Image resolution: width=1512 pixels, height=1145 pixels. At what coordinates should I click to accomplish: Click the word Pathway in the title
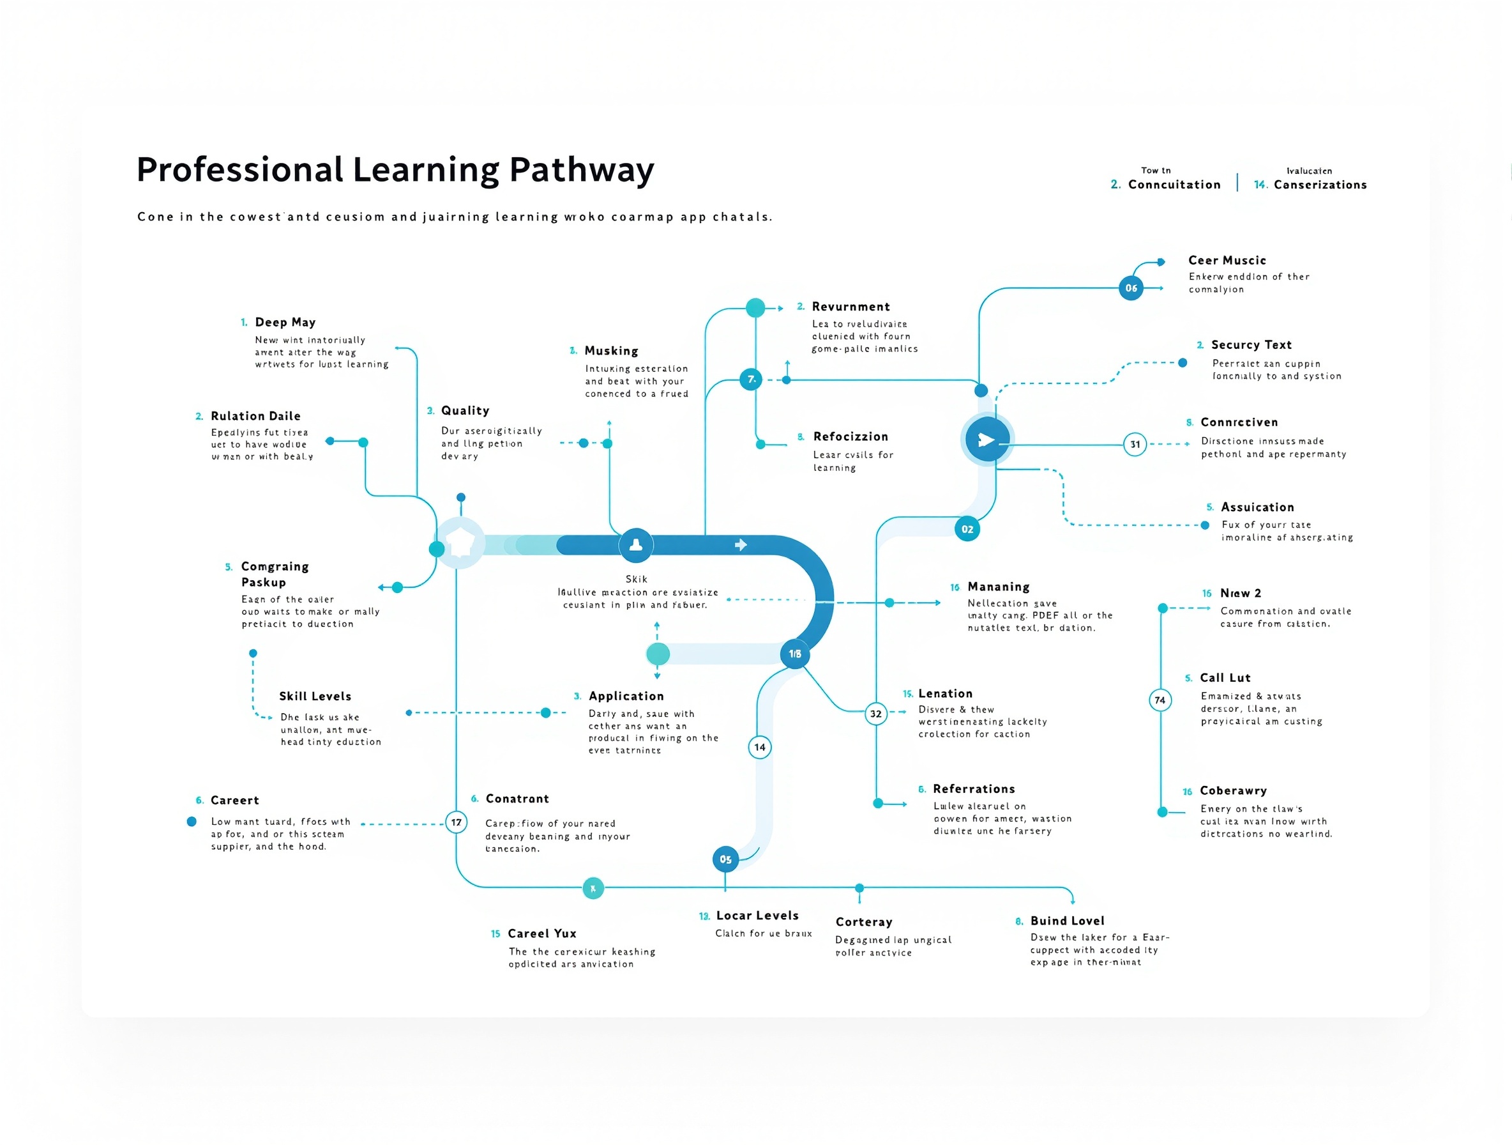[x=581, y=171]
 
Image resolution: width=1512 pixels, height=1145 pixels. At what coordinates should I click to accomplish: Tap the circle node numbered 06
[x=1131, y=288]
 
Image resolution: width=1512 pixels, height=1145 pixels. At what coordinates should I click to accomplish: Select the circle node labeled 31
[x=1135, y=445]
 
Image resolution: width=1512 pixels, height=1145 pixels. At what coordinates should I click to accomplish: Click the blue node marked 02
[x=967, y=528]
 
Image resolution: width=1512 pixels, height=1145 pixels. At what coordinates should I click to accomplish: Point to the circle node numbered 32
[x=875, y=714]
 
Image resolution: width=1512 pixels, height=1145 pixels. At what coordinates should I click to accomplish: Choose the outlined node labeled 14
[x=759, y=747]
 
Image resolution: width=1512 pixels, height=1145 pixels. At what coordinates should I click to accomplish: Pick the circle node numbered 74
[x=1160, y=700]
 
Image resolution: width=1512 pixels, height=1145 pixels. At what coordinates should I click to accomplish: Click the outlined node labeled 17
[x=456, y=822]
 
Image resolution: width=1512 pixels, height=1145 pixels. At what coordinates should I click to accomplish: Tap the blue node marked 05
[x=725, y=859]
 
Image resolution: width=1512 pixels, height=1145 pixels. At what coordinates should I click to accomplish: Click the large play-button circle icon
[x=987, y=440]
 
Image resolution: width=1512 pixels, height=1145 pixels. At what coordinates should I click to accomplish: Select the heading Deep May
[x=285, y=322]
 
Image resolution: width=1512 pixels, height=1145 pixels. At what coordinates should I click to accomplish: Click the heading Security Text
[x=1251, y=345]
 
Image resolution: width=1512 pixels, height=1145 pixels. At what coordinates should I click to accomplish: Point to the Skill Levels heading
[x=315, y=696]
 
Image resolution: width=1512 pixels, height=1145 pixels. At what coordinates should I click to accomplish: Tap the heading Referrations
[x=973, y=789]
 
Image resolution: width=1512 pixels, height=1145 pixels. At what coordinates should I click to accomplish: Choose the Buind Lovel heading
[x=1067, y=921]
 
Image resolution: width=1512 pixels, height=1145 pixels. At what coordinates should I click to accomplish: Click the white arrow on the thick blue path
[x=741, y=544]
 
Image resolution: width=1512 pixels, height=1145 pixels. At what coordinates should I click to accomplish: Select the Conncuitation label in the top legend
[x=1174, y=185]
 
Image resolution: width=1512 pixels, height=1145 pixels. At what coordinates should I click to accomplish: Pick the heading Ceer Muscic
[x=1227, y=261]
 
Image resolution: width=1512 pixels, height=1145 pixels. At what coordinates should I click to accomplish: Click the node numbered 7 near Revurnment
[x=750, y=379]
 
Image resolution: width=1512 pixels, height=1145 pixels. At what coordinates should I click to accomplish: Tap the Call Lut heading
[x=1225, y=678]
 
